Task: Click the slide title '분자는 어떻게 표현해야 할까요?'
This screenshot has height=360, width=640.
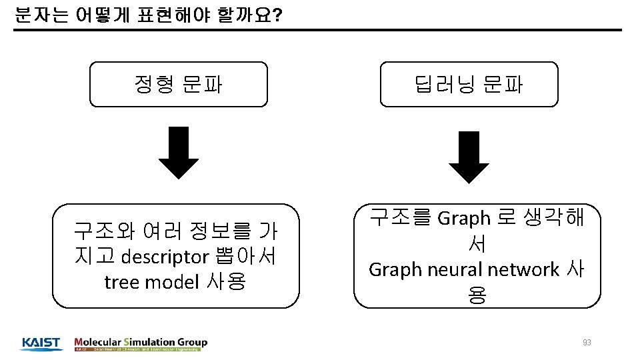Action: pyautogui.click(x=147, y=15)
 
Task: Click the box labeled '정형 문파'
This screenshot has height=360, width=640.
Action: pyautogui.click(x=179, y=85)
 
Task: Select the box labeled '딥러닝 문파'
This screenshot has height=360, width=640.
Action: pyautogui.click(x=469, y=85)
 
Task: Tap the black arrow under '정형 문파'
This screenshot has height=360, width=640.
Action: pyautogui.click(x=178, y=152)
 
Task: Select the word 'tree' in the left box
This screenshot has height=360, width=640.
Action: pyautogui.click(x=122, y=282)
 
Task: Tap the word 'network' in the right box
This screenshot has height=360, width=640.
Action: pyautogui.click(x=523, y=269)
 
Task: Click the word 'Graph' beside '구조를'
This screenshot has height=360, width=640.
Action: pyautogui.click(x=464, y=218)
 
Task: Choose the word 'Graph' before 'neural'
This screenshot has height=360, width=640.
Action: pyautogui.click(x=394, y=269)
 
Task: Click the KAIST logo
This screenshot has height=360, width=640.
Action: pyautogui.click(x=41, y=343)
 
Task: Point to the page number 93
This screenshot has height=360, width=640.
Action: pyautogui.click(x=587, y=343)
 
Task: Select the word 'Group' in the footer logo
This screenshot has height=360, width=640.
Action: pyautogui.click(x=193, y=342)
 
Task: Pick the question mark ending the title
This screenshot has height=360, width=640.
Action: pyautogui.click(x=277, y=15)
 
